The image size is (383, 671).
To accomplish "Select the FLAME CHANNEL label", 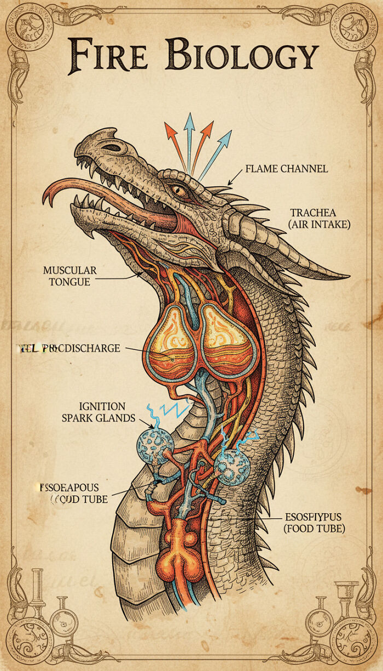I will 286,169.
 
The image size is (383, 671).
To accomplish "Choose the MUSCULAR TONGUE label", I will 69,276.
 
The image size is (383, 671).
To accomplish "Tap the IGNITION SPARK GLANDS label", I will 107,412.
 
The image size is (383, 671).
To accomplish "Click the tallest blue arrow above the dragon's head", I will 189,137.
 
